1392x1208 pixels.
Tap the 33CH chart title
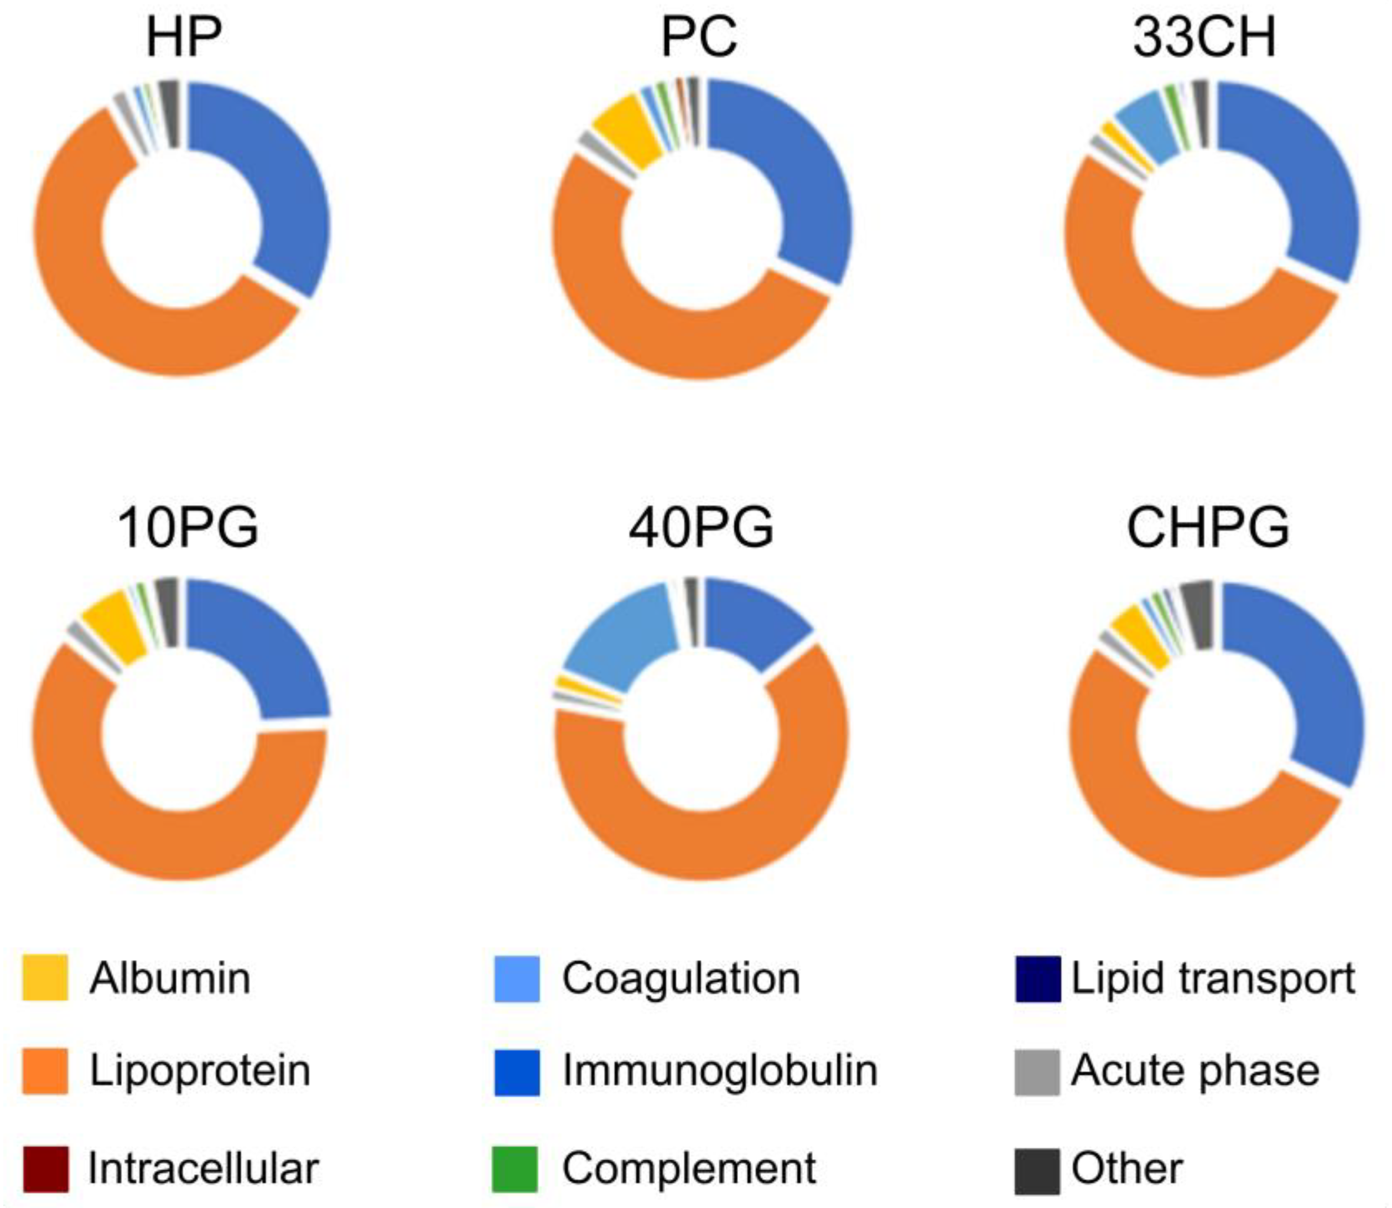click(x=1204, y=38)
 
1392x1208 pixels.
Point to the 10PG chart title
click(x=188, y=528)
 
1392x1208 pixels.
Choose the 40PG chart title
click(x=701, y=528)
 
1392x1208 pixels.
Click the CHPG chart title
click(x=1208, y=528)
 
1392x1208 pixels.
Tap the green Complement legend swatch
click(x=516, y=1168)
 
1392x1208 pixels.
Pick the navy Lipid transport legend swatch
click(x=1037, y=977)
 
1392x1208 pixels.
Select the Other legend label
click(x=1127, y=1168)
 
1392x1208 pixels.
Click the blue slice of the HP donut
click(x=269, y=175)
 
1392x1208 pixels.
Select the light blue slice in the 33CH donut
click(x=1144, y=125)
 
